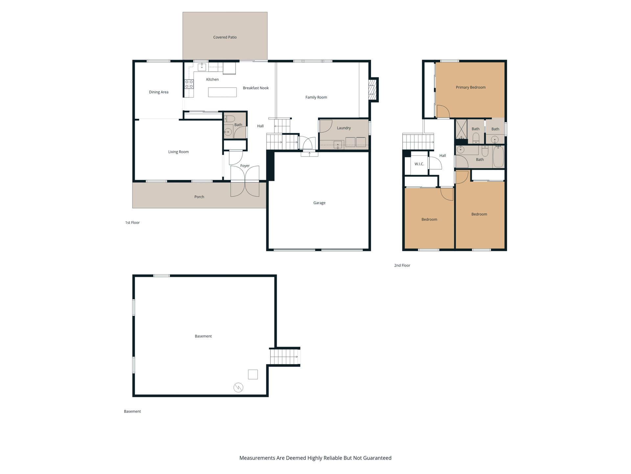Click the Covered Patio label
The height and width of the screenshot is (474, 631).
(x=225, y=37)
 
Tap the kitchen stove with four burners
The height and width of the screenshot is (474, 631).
(x=189, y=84)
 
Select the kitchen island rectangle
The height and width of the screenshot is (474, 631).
(x=222, y=92)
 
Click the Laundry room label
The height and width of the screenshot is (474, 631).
(x=344, y=128)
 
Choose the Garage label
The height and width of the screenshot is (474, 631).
(x=319, y=203)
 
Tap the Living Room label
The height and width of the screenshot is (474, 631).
(x=178, y=152)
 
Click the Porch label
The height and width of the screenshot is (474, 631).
(x=199, y=197)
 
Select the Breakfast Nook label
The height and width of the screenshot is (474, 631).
(x=256, y=88)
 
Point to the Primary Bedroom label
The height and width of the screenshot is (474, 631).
(x=471, y=87)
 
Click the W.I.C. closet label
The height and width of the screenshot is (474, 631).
(x=419, y=164)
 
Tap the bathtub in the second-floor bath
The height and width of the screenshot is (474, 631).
(x=498, y=157)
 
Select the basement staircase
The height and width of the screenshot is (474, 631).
(x=284, y=357)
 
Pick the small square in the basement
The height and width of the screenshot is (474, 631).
(x=253, y=375)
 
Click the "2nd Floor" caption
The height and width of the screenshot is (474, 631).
(x=402, y=265)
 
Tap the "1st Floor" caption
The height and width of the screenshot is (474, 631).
(x=132, y=223)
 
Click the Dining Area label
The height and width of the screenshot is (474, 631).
(x=159, y=92)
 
